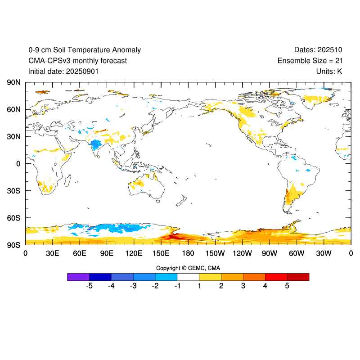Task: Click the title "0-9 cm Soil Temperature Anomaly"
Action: (x=85, y=50)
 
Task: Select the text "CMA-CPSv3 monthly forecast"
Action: (x=77, y=61)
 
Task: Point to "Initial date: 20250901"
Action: (x=63, y=71)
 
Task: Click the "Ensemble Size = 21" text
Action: (x=310, y=61)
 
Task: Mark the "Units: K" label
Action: (x=329, y=71)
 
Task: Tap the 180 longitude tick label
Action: (x=188, y=253)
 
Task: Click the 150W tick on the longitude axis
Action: (x=215, y=253)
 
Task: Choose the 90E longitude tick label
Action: (x=107, y=253)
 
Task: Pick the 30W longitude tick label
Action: (x=324, y=253)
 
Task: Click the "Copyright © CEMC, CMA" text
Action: (x=188, y=268)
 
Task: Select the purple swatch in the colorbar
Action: (x=78, y=277)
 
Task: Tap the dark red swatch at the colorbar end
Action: (x=298, y=277)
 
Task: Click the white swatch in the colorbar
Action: (x=188, y=277)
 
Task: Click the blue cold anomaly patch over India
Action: (x=95, y=145)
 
